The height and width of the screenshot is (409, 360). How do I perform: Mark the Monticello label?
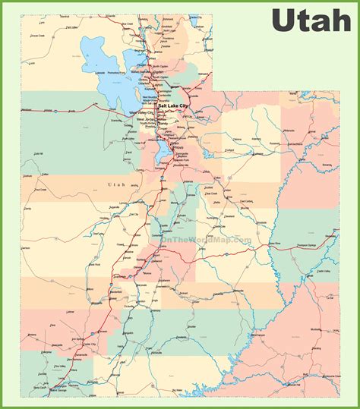click(x=315, y=330)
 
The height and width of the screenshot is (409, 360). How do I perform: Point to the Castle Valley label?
click(x=324, y=270)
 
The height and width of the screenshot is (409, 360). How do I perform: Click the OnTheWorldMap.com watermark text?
click(x=205, y=241)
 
